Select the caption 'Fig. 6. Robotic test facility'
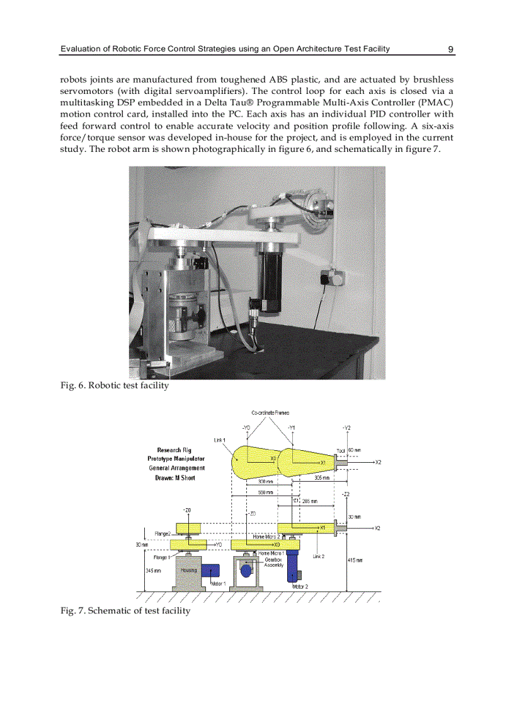click(x=115, y=386)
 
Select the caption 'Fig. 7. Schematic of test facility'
click(x=125, y=611)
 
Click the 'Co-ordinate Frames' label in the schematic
click(x=270, y=413)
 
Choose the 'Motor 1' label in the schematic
click(x=219, y=584)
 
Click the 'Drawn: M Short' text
click(x=175, y=478)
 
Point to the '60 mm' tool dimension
click(x=354, y=451)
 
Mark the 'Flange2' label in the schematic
click(x=162, y=534)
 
